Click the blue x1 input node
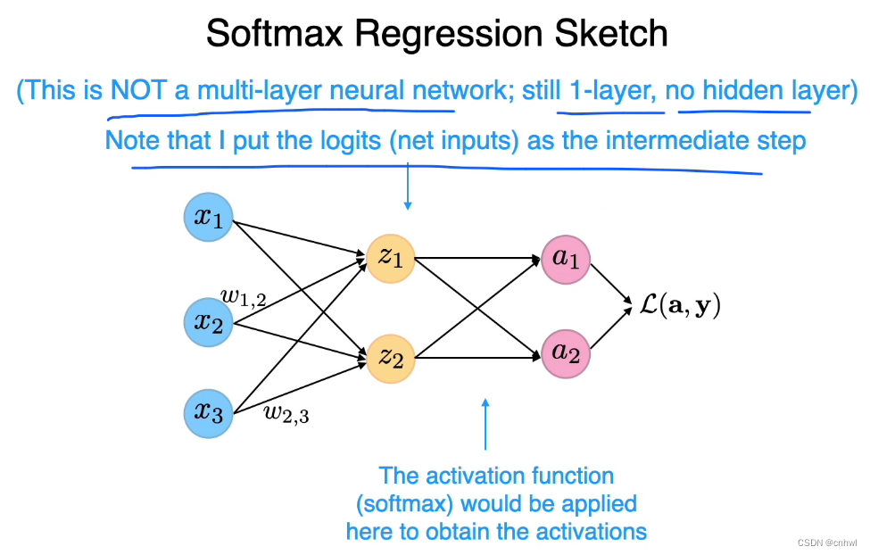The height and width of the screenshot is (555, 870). (x=208, y=218)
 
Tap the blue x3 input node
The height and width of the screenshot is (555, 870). (x=208, y=412)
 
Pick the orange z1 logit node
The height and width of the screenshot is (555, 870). (x=391, y=258)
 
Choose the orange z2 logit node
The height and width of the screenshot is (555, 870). (x=391, y=359)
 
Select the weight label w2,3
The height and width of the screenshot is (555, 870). (x=286, y=412)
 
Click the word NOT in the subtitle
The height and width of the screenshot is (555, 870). (x=138, y=90)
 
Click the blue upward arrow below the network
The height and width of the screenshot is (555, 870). (x=485, y=424)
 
